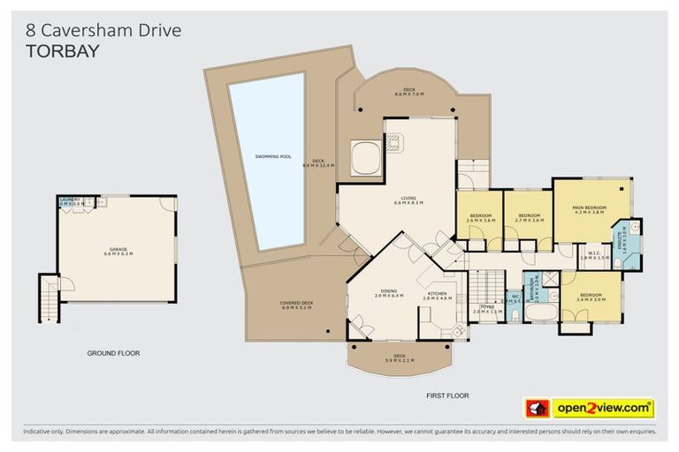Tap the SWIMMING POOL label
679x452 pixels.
coord(273,156)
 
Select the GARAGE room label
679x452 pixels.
coord(118,250)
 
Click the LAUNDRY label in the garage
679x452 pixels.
coord(70,200)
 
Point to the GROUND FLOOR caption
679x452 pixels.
coord(113,353)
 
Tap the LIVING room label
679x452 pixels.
coord(408,199)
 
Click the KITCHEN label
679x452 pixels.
coord(438,294)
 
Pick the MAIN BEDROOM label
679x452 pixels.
coord(589,207)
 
